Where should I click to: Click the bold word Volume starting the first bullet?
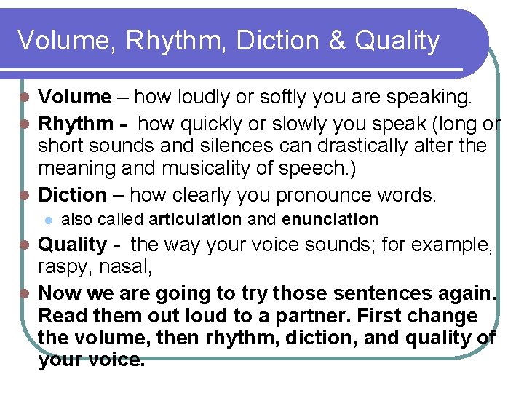click(75, 96)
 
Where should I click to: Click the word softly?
click(271, 97)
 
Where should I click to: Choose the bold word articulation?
click(195, 219)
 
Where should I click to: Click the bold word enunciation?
click(330, 219)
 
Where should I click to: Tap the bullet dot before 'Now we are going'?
click(25, 293)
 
